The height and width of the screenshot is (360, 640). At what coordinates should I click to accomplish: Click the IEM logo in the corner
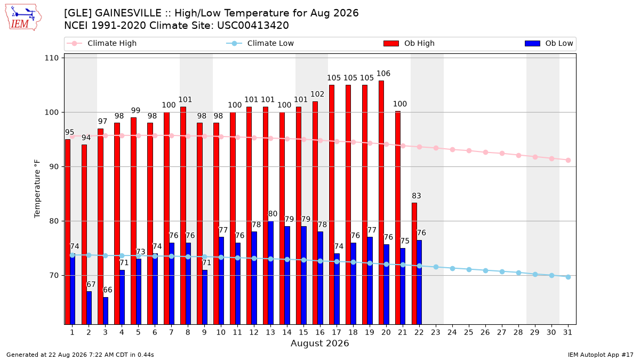pyautogui.click(x=23, y=18)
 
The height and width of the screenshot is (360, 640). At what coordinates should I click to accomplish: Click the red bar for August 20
pyautogui.click(x=381, y=202)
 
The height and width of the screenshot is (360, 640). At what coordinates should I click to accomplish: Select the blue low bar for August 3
pyautogui.click(x=106, y=310)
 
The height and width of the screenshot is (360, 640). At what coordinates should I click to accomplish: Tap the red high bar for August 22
pyautogui.click(x=414, y=263)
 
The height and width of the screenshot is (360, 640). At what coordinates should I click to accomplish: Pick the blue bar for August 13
pyautogui.click(x=270, y=273)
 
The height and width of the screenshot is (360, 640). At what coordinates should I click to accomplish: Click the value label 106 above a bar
pyautogui.click(x=383, y=74)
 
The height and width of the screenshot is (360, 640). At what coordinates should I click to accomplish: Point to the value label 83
pyautogui.click(x=417, y=196)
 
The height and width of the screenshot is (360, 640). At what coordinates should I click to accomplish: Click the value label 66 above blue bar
pyautogui.click(x=107, y=290)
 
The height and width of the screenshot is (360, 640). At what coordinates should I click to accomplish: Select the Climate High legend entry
pyautogui.click(x=101, y=43)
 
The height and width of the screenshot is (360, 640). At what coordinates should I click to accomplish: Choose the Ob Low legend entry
pyautogui.click(x=549, y=43)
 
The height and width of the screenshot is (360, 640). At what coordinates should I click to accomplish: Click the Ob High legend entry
pyautogui.click(x=409, y=43)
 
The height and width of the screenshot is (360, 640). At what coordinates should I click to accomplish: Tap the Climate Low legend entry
pyautogui.click(x=260, y=43)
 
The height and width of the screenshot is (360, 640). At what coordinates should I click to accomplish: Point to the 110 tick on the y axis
pyautogui.click(x=51, y=58)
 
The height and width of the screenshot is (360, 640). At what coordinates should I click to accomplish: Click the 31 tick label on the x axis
pyautogui.click(x=567, y=332)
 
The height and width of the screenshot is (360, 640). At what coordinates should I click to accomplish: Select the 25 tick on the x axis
pyautogui.click(x=469, y=332)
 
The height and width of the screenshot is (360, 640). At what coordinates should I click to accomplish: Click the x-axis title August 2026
pyautogui.click(x=319, y=343)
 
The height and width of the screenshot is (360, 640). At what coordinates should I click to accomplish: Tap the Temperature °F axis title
pyautogui.click(x=37, y=189)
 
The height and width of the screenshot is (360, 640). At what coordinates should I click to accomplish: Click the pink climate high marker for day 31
pyautogui.click(x=568, y=161)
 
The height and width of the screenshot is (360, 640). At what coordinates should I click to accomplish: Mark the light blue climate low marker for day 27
pyautogui.click(x=502, y=271)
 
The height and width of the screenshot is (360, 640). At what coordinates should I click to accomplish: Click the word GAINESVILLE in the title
pyautogui.click(x=128, y=13)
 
